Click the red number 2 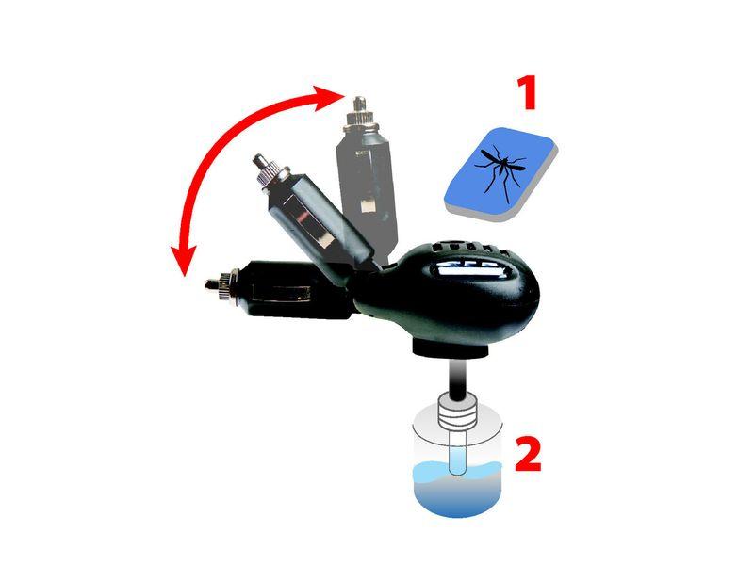(528, 453)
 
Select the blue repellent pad (500, 174)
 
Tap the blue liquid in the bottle (457, 489)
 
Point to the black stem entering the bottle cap (458, 379)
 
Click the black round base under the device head (451, 349)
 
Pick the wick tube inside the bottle (457, 452)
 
